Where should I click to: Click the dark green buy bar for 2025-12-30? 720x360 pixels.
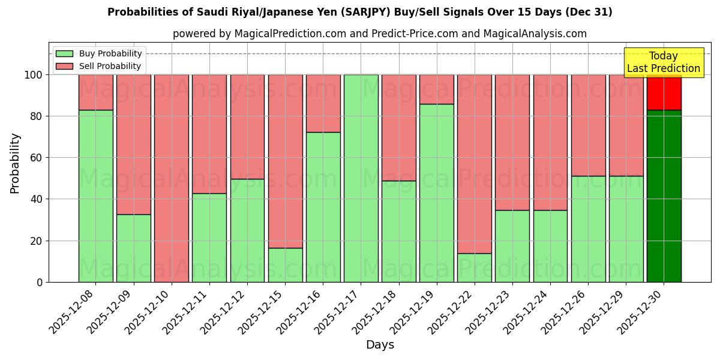click(x=664, y=196)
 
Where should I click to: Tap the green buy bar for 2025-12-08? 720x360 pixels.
click(x=95, y=196)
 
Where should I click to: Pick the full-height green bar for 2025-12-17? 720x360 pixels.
click(x=361, y=178)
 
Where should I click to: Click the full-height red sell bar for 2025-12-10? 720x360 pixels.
click(x=172, y=178)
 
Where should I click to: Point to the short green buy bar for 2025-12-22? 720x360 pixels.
click(x=475, y=268)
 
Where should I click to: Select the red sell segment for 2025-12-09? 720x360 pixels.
click(x=134, y=144)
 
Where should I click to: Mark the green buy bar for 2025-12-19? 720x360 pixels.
click(x=437, y=193)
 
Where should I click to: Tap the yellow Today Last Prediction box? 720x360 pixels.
click(x=664, y=62)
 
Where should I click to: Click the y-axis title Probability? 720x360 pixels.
click(x=15, y=163)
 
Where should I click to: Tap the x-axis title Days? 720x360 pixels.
click(x=380, y=345)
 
